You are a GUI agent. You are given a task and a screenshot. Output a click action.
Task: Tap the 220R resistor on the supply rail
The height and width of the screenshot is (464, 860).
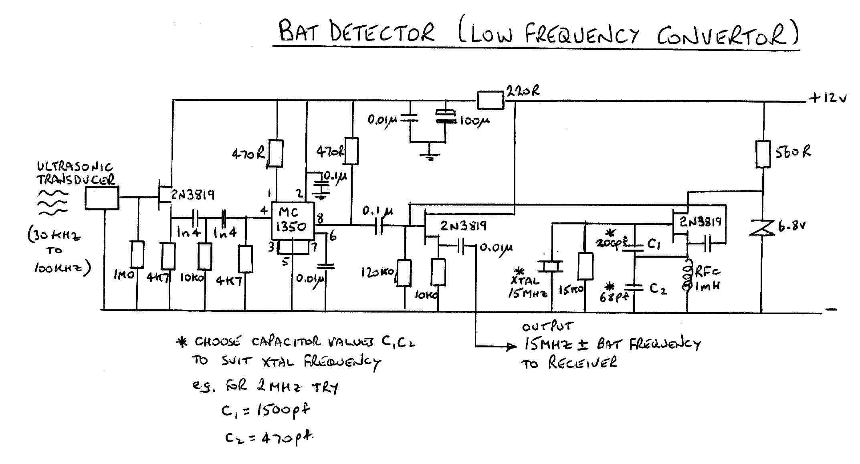click(x=490, y=100)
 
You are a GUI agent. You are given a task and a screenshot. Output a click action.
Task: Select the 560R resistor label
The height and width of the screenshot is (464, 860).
click(x=793, y=152)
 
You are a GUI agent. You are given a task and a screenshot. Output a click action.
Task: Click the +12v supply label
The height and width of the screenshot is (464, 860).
click(x=828, y=98)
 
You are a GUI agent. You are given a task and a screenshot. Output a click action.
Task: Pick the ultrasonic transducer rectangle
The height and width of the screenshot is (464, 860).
click(x=102, y=198)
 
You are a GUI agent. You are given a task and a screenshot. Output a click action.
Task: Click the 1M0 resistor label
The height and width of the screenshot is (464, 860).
click(x=123, y=275)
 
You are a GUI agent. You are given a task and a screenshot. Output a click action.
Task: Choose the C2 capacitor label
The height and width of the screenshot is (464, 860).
click(x=658, y=288)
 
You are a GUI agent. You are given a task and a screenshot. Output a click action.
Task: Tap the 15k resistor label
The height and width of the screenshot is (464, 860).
click(x=571, y=290)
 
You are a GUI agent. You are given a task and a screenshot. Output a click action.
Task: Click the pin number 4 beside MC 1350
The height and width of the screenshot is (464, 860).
click(x=263, y=210)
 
